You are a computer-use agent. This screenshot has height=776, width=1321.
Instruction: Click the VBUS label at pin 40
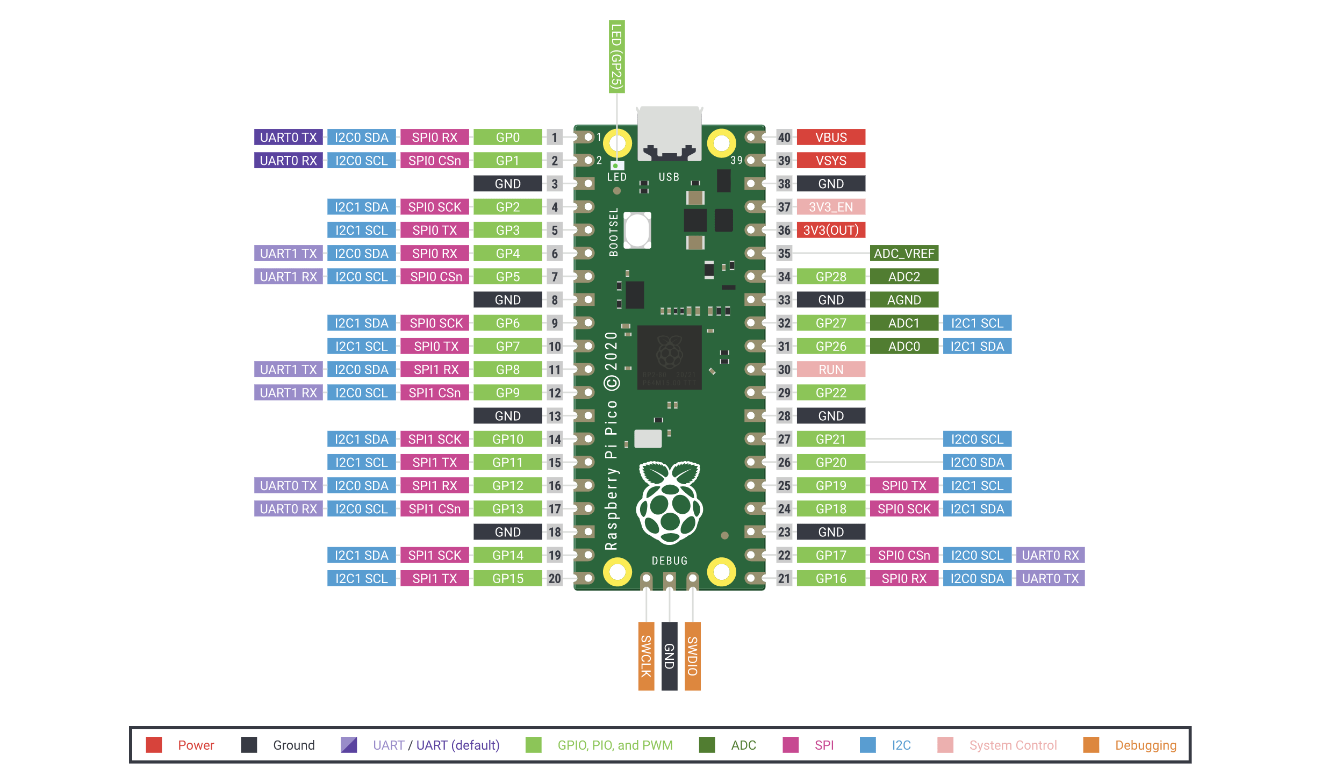(831, 137)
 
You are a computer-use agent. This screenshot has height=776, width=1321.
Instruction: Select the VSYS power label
(831, 160)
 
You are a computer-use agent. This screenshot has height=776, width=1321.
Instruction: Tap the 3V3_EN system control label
(831, 207)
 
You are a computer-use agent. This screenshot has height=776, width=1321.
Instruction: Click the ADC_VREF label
(904, 253)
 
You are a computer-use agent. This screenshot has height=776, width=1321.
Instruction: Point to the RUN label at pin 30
(831, 369)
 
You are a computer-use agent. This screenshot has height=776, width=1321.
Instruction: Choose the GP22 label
(831, 392)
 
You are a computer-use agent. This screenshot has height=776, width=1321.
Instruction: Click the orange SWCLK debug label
(646, 656)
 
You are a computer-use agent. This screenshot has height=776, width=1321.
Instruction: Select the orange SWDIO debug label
(693, 656)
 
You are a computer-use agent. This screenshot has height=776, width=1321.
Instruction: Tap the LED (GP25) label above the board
(617, 56)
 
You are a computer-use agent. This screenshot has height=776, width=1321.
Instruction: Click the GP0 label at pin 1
(508, 137)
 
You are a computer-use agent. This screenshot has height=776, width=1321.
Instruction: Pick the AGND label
(904, 299)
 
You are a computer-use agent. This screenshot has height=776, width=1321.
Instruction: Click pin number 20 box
(555, 578)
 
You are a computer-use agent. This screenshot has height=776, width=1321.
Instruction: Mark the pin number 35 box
(784, 253)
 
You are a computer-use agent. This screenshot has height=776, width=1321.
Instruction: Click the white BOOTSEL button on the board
(638, 230)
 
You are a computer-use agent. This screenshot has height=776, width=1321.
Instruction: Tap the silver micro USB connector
(670, 133)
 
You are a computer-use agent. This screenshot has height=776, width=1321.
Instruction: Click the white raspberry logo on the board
(670, 502)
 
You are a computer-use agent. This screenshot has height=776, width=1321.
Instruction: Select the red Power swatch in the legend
(154, 745)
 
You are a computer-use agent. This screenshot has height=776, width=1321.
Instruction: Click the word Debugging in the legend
(1146, 745)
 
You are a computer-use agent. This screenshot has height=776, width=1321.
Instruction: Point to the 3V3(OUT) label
(831, 230)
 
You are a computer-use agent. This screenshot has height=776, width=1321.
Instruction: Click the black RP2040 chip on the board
(670, 357)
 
